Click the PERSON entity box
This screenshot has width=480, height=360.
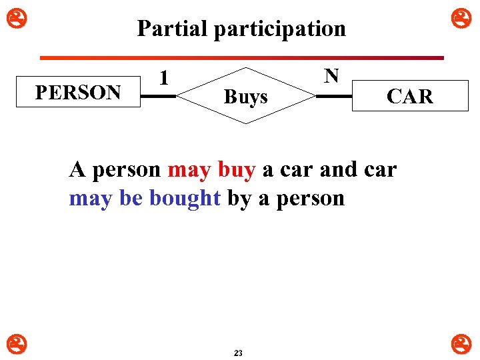tap(77, 92)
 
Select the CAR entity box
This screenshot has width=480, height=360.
tap(409, 97)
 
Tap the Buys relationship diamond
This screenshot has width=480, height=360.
tap(246, 96)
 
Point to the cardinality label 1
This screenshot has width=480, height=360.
tap(163, 78)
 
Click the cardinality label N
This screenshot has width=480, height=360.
tap(331, 75)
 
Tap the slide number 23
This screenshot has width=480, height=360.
tap(238, 353)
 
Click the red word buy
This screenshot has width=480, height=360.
tap(237, 170)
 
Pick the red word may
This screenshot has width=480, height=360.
tap(189, 170)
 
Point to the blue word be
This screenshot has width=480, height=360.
tap(133, 198)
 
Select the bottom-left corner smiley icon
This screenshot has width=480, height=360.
tap(11, 344)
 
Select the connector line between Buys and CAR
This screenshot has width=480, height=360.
tap(334, 97)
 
